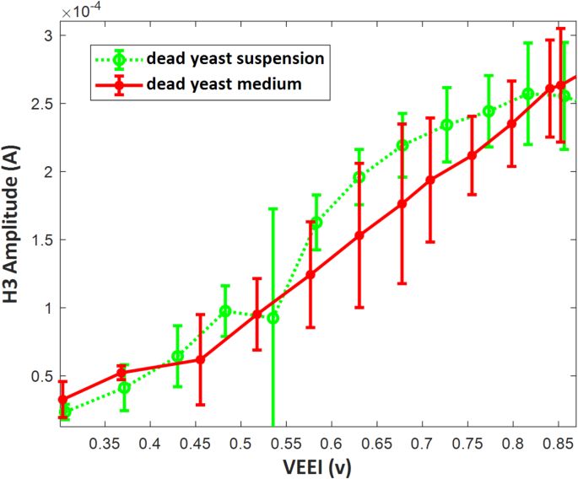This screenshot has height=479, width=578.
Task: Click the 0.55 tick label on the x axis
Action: pyautogui.click(x=286, y=443)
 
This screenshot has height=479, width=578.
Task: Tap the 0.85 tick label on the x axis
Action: pyautogui.click(x=558, y=443)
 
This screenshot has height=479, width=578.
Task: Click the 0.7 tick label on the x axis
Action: pyautogui.click(x=422, y=443)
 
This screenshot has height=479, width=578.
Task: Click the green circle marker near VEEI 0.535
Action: pyautogui.click(x=273, y=318)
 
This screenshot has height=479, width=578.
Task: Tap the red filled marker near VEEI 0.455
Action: pyautogui.click(x=200, y=359)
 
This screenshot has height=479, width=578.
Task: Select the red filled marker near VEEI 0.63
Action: pyautogui.click(x=359, y=235)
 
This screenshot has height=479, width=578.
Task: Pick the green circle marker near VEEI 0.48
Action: pyautogui.click(x=225, y=311)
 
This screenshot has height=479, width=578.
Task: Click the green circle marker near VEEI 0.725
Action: pyautogui.click(x=446, y=125)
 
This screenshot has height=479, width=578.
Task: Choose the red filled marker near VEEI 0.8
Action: pyautogui.click(x=511, y=124)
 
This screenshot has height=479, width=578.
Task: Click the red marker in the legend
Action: pyautogui.click(x=120, y=84)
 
